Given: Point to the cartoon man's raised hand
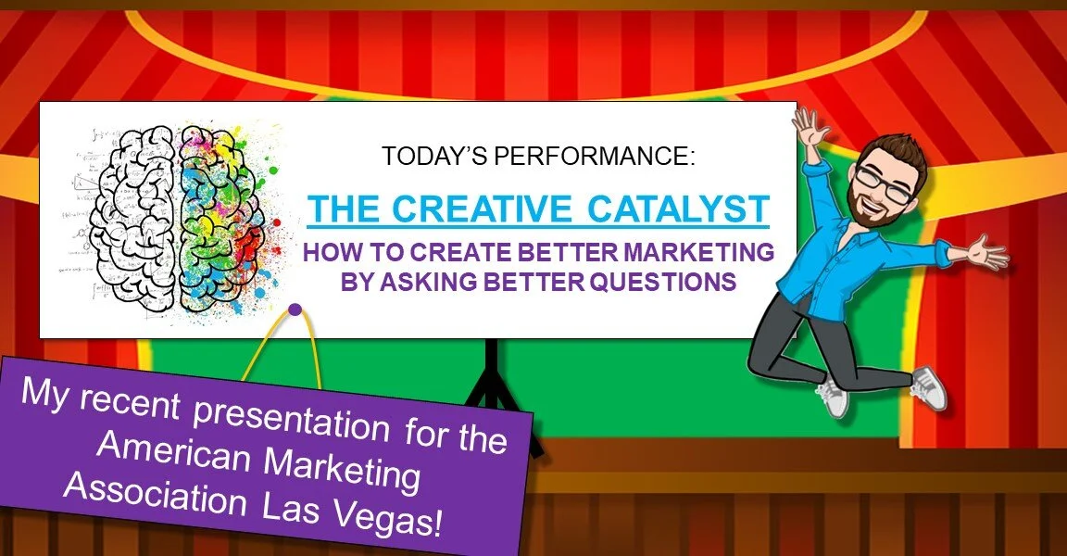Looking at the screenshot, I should point(811,130).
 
